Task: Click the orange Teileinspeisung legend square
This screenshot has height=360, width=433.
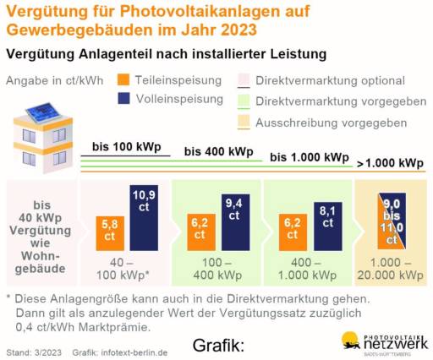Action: click(x=123, y=81)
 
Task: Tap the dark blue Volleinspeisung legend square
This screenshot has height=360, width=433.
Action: click(x=123, y=100)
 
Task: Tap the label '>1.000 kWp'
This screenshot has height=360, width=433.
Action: click(x=390, y=162)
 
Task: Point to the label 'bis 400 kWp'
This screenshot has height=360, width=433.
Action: click(x=218, y=152)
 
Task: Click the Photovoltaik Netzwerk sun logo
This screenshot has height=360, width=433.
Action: click(x=350, y=340)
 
